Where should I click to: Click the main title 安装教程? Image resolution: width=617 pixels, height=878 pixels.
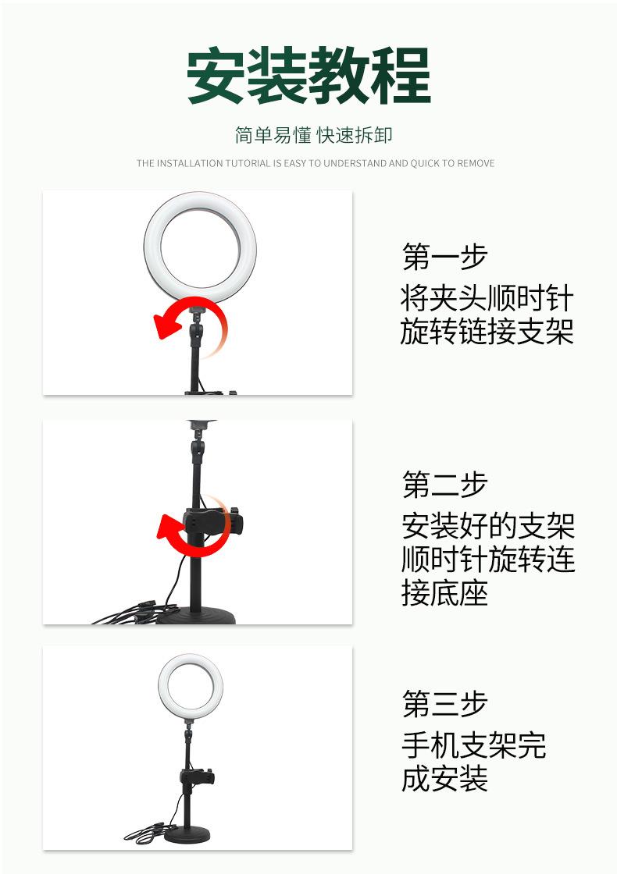coord(308,76)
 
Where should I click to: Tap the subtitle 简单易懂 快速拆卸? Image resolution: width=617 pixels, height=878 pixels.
coord(313,135)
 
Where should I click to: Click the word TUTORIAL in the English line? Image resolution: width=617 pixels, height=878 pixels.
coord(248,163)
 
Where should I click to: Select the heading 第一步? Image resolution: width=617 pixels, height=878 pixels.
coord(444,256)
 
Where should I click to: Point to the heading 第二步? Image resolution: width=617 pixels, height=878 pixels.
coord(444,485)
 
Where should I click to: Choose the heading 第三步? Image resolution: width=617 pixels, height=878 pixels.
coord(444,703)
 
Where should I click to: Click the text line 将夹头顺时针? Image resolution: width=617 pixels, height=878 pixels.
coord(487,298)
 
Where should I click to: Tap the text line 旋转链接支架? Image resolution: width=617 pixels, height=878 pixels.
coord(487,332)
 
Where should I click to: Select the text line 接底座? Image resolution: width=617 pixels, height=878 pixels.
coord(444,593)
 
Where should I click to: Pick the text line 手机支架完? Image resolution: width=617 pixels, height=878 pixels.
coord(473,745)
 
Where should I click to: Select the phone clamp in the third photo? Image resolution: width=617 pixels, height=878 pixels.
coord(197,777)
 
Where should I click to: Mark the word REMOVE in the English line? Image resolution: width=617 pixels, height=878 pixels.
coord(475,163)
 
